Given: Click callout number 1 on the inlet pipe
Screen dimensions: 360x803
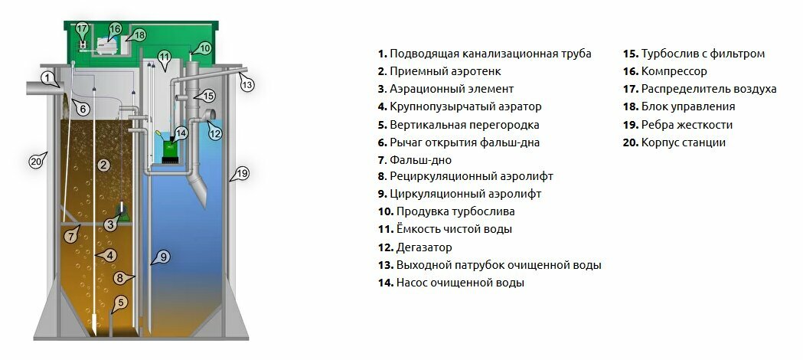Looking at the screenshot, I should click(47, 77).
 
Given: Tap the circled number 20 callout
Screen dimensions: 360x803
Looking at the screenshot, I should click(35, 161).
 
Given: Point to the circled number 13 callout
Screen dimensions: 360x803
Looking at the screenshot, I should click(247, 85).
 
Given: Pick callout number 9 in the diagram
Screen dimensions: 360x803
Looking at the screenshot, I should click(164, 257).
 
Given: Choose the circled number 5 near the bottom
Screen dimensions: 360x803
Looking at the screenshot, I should click(119, 302).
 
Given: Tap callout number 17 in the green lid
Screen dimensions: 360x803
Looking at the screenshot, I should click(83, 29).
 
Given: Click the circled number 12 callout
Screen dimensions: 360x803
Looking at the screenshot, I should click(215, 133).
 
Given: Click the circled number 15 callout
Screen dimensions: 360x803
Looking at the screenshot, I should click(208, 96).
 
